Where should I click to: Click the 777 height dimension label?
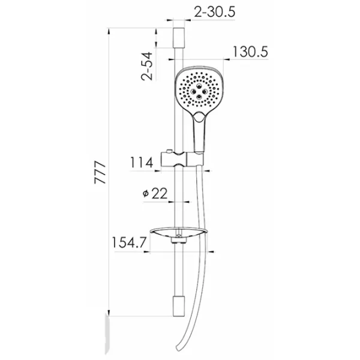tap(100, 172)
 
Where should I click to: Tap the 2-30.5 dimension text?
tap(215, 11)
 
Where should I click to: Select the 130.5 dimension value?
tap(250, 52)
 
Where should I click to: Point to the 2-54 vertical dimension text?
tap(147, 66)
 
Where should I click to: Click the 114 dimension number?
tap(142, 163)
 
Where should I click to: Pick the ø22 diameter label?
tap(155, 193)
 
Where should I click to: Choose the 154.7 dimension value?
tap(129, 242)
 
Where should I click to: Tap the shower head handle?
tap(199, 133)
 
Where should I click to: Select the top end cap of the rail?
tap(179, 38)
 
